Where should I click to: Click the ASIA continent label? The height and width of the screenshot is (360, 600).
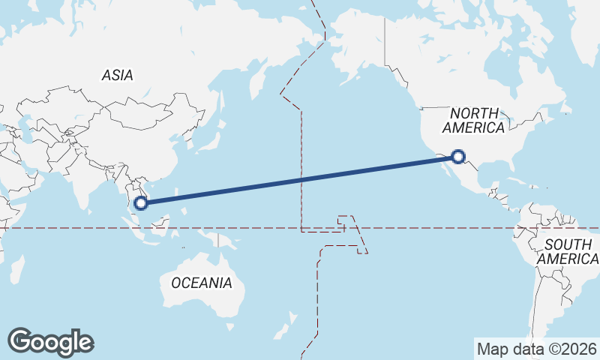(118, 75)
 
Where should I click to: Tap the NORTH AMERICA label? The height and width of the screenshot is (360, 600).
(473, 120)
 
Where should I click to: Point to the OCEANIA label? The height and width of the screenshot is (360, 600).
(202, 283)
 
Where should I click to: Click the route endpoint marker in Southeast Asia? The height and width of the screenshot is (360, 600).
(140, 202)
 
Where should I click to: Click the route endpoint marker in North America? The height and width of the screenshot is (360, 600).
(459, 157)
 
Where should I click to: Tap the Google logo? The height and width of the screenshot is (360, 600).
(50, 342)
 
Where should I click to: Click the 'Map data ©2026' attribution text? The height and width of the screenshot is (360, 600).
(537, 349)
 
